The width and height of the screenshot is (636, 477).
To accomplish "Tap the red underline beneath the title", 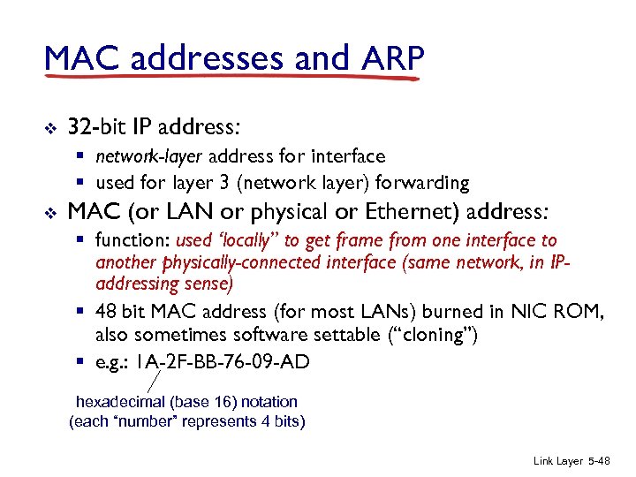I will click(230, 78).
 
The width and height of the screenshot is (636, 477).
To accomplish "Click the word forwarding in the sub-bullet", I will click(423, 183).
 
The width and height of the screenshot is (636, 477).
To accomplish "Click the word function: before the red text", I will click(133, 240).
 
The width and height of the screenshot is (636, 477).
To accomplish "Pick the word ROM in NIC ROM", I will click(583, 312).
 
